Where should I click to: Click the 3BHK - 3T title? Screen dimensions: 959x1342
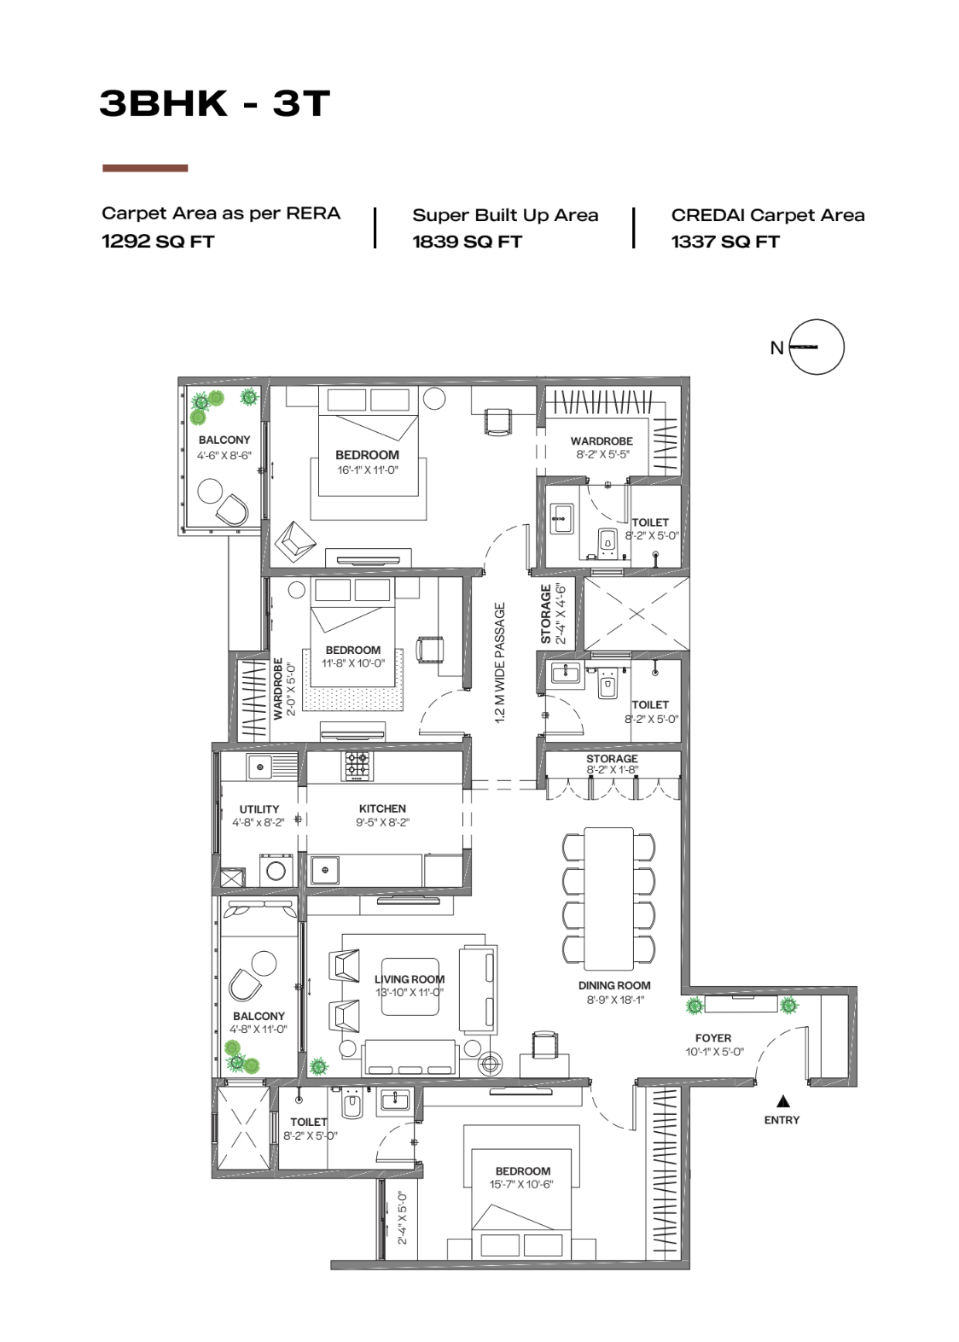pos(214,103)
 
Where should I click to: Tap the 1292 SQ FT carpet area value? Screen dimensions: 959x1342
pos(158,242)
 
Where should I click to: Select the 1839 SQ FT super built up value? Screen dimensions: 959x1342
pos(467,242)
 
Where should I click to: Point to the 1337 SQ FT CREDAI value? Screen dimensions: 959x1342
pos(725,242)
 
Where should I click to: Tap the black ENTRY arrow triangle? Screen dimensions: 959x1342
pos(782,1101)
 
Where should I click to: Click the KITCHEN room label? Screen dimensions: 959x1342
pos(382,808)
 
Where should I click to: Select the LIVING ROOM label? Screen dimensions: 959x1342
pos(410,979)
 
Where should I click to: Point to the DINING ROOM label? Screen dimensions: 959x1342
pos(614,985)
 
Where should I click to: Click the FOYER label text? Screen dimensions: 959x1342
pos(713,1037)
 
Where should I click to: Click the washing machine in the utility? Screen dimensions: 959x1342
pos(276,871)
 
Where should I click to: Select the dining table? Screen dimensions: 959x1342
pos(608,898)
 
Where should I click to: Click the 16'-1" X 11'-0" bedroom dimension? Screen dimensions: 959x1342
pos(367,470)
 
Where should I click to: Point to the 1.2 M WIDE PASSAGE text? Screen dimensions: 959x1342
pos(500,662)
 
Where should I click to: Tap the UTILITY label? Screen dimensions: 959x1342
pos(259,808)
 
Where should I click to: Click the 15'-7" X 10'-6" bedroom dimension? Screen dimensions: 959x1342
pos(520,1184)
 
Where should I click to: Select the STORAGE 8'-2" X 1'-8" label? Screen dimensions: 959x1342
pos(612,764)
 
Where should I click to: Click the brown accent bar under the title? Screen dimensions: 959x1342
pos(145,168)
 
